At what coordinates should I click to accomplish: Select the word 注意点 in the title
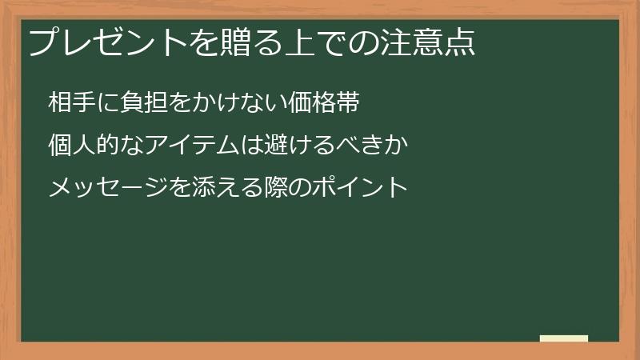(x=429, y=42)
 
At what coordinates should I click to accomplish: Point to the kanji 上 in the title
(x=301, y=42)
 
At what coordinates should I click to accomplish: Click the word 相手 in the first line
(x=74, y=103)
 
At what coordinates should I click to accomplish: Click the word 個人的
(x=87, y=146)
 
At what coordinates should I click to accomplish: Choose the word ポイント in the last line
(x=371, y=189)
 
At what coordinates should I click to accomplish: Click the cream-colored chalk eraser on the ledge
(x=564, y=338)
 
